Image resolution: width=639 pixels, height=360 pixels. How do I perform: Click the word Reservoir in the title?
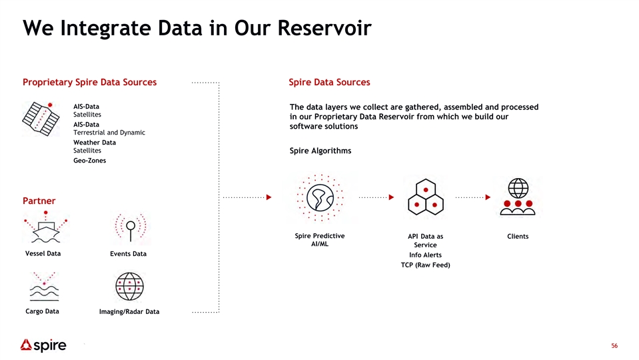click(x=324, y=28)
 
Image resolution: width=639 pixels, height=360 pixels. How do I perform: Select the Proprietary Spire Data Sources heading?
click(x=90, y=83)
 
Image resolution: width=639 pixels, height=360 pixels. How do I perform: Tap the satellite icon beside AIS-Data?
click(x=41, y=119)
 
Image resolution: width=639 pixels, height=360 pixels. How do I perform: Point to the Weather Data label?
click(x=95, y=142)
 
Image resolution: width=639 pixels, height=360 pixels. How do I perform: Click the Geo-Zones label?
click(x=90, y=160)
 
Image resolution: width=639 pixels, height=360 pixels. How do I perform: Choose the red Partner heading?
click(x=39, y=201)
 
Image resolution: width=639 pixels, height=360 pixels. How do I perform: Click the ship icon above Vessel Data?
click(x=45, y=227)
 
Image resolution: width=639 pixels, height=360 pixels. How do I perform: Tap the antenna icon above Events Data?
click(x=131, y=227)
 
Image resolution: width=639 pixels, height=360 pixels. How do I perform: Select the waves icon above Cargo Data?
click(x=44, y=286)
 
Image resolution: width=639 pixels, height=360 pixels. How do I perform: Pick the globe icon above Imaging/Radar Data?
click(x=129, y=287)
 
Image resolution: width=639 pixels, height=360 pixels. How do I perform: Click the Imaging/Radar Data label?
click(x=129, y=311)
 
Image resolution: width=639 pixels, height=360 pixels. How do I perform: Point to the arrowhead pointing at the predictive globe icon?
click(x=269, y=197)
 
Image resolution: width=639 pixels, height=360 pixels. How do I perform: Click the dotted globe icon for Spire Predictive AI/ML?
click(x=320, y=198)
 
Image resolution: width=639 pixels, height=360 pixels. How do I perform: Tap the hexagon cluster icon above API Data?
click(x=426, y=197)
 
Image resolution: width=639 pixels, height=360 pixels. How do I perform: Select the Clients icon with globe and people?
click(x=518, y=197)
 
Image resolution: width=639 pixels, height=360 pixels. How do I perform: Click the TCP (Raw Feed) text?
click(x=426, y=265)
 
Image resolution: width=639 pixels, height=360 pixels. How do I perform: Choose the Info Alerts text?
click(x=426, y=255)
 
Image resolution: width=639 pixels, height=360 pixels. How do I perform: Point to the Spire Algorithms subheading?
click(x=320, y=151)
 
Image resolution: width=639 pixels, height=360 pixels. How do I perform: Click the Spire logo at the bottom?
click(x=43, y=345)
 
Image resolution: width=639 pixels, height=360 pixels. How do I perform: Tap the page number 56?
click(x=614, y=346)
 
